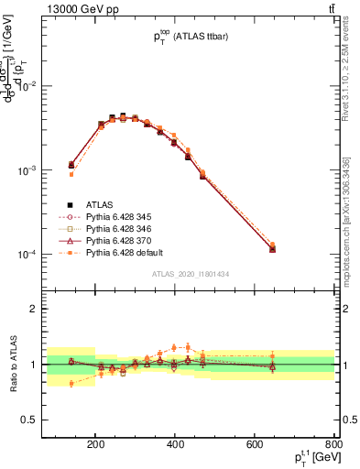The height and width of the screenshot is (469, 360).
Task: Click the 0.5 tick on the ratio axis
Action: (52, 420)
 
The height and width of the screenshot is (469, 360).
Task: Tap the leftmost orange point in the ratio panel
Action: (71, 384)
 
